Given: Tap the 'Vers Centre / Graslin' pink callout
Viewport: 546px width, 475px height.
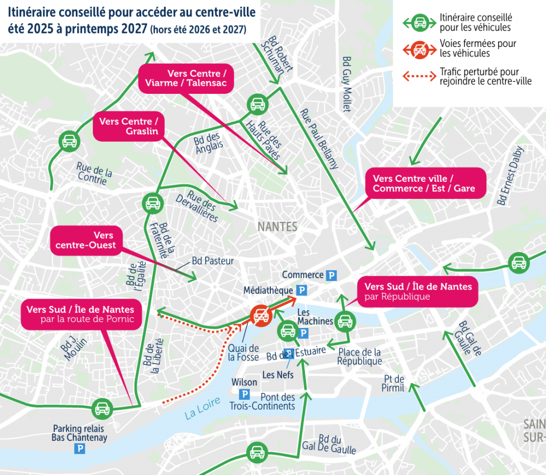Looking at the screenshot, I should click(129, 127).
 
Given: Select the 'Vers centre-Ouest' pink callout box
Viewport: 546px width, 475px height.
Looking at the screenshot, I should click(85, 240).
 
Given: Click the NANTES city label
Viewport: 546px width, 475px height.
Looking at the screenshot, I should click(277, 227).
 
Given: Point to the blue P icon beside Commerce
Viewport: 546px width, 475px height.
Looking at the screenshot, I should click(332, 275).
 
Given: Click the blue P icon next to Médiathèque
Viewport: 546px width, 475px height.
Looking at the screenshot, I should click(302, 291).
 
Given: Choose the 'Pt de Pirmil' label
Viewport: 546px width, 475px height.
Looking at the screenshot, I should click(394, 383).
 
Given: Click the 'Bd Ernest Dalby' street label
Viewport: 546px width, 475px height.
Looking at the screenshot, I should click(510, 176).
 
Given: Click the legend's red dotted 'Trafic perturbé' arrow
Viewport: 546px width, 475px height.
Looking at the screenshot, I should click(419, 76).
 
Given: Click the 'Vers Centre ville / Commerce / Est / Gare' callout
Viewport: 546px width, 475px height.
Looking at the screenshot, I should click(424, 183).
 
